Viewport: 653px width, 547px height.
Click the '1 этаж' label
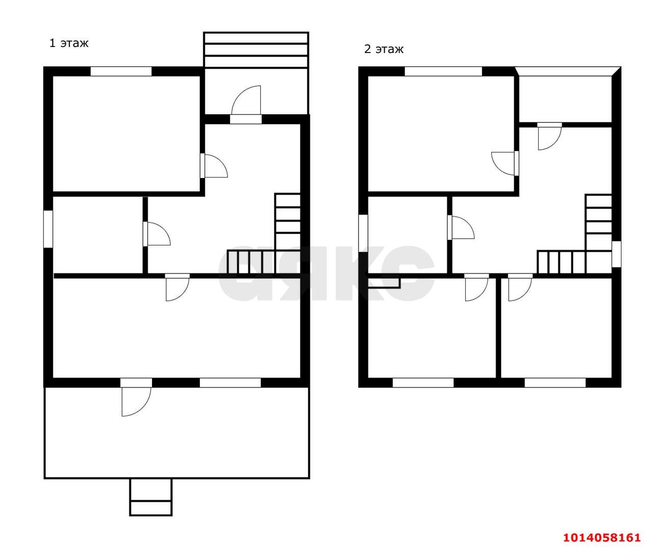point(69,43)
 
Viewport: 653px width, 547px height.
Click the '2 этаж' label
point(384,49)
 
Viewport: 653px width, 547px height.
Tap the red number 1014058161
point(602,537)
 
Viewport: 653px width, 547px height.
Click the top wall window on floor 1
point(121,71)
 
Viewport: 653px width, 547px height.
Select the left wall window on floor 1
point(48,229)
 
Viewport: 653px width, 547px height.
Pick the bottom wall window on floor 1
point(230,383)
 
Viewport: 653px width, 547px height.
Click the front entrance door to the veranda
point(136,397)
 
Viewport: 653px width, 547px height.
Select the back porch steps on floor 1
point(256,50)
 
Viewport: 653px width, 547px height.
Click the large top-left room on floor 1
point(127,134)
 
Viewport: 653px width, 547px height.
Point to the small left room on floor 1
point(97,235)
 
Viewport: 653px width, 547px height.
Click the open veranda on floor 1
point(177,433)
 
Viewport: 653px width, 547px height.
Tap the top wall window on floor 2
point(443,71)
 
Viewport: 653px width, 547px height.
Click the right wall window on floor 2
point(616,254)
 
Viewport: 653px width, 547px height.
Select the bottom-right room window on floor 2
point(555,383)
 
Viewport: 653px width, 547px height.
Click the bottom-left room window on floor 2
point(423,383)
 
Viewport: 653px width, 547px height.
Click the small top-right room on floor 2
point(565,99)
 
